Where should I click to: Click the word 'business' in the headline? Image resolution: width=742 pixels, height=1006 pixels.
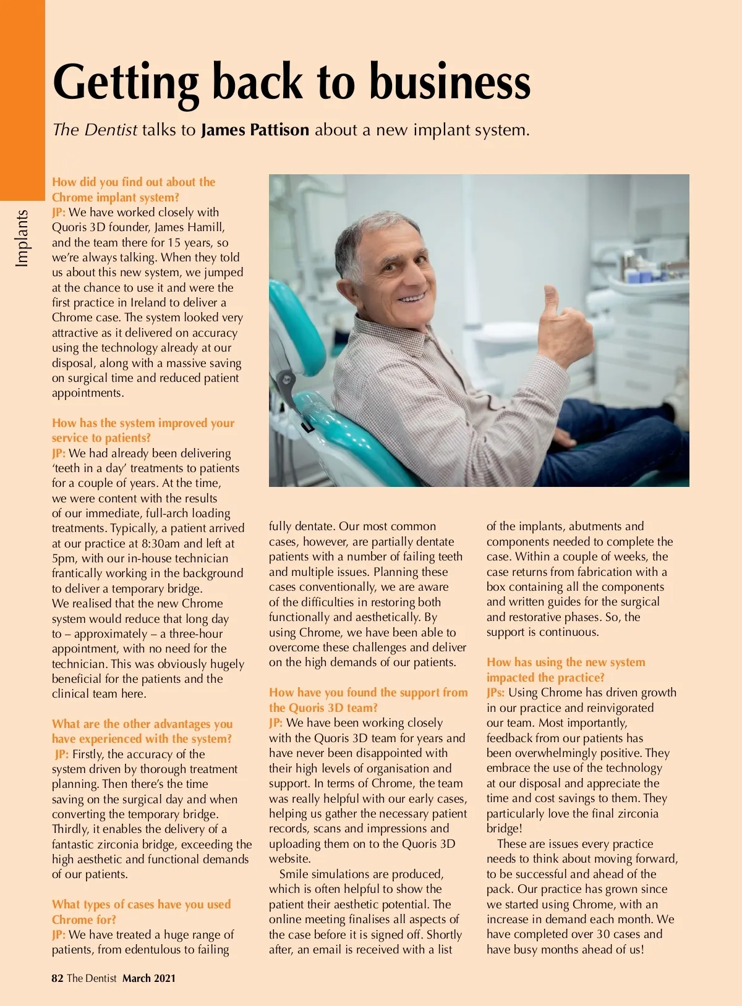click(x=450, y=82)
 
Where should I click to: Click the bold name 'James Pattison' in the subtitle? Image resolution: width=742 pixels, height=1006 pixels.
click(x=255, y=130)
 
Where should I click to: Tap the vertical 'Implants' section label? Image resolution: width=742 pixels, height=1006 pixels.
click(x=22, y=238)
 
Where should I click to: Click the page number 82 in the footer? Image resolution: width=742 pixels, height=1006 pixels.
click(x=58, y=978)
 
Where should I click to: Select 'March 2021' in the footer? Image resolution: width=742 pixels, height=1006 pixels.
click(x=149, y=978)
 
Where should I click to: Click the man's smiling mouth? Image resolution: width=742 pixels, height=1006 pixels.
click(x=411, y=298)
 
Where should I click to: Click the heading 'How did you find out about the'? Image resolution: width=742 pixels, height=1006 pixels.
click(x=134, y=182)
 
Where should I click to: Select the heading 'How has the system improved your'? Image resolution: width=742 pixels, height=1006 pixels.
click(x=143, y=423)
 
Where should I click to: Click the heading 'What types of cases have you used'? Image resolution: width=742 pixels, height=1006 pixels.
click(x=141, y=905)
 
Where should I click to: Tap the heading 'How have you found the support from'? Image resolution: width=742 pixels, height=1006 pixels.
click(x=368, y=693)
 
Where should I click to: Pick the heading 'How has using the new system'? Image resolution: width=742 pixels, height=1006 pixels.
click(x=565, y=662)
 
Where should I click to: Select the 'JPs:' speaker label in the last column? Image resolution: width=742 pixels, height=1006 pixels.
click(x=495, y=693)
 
